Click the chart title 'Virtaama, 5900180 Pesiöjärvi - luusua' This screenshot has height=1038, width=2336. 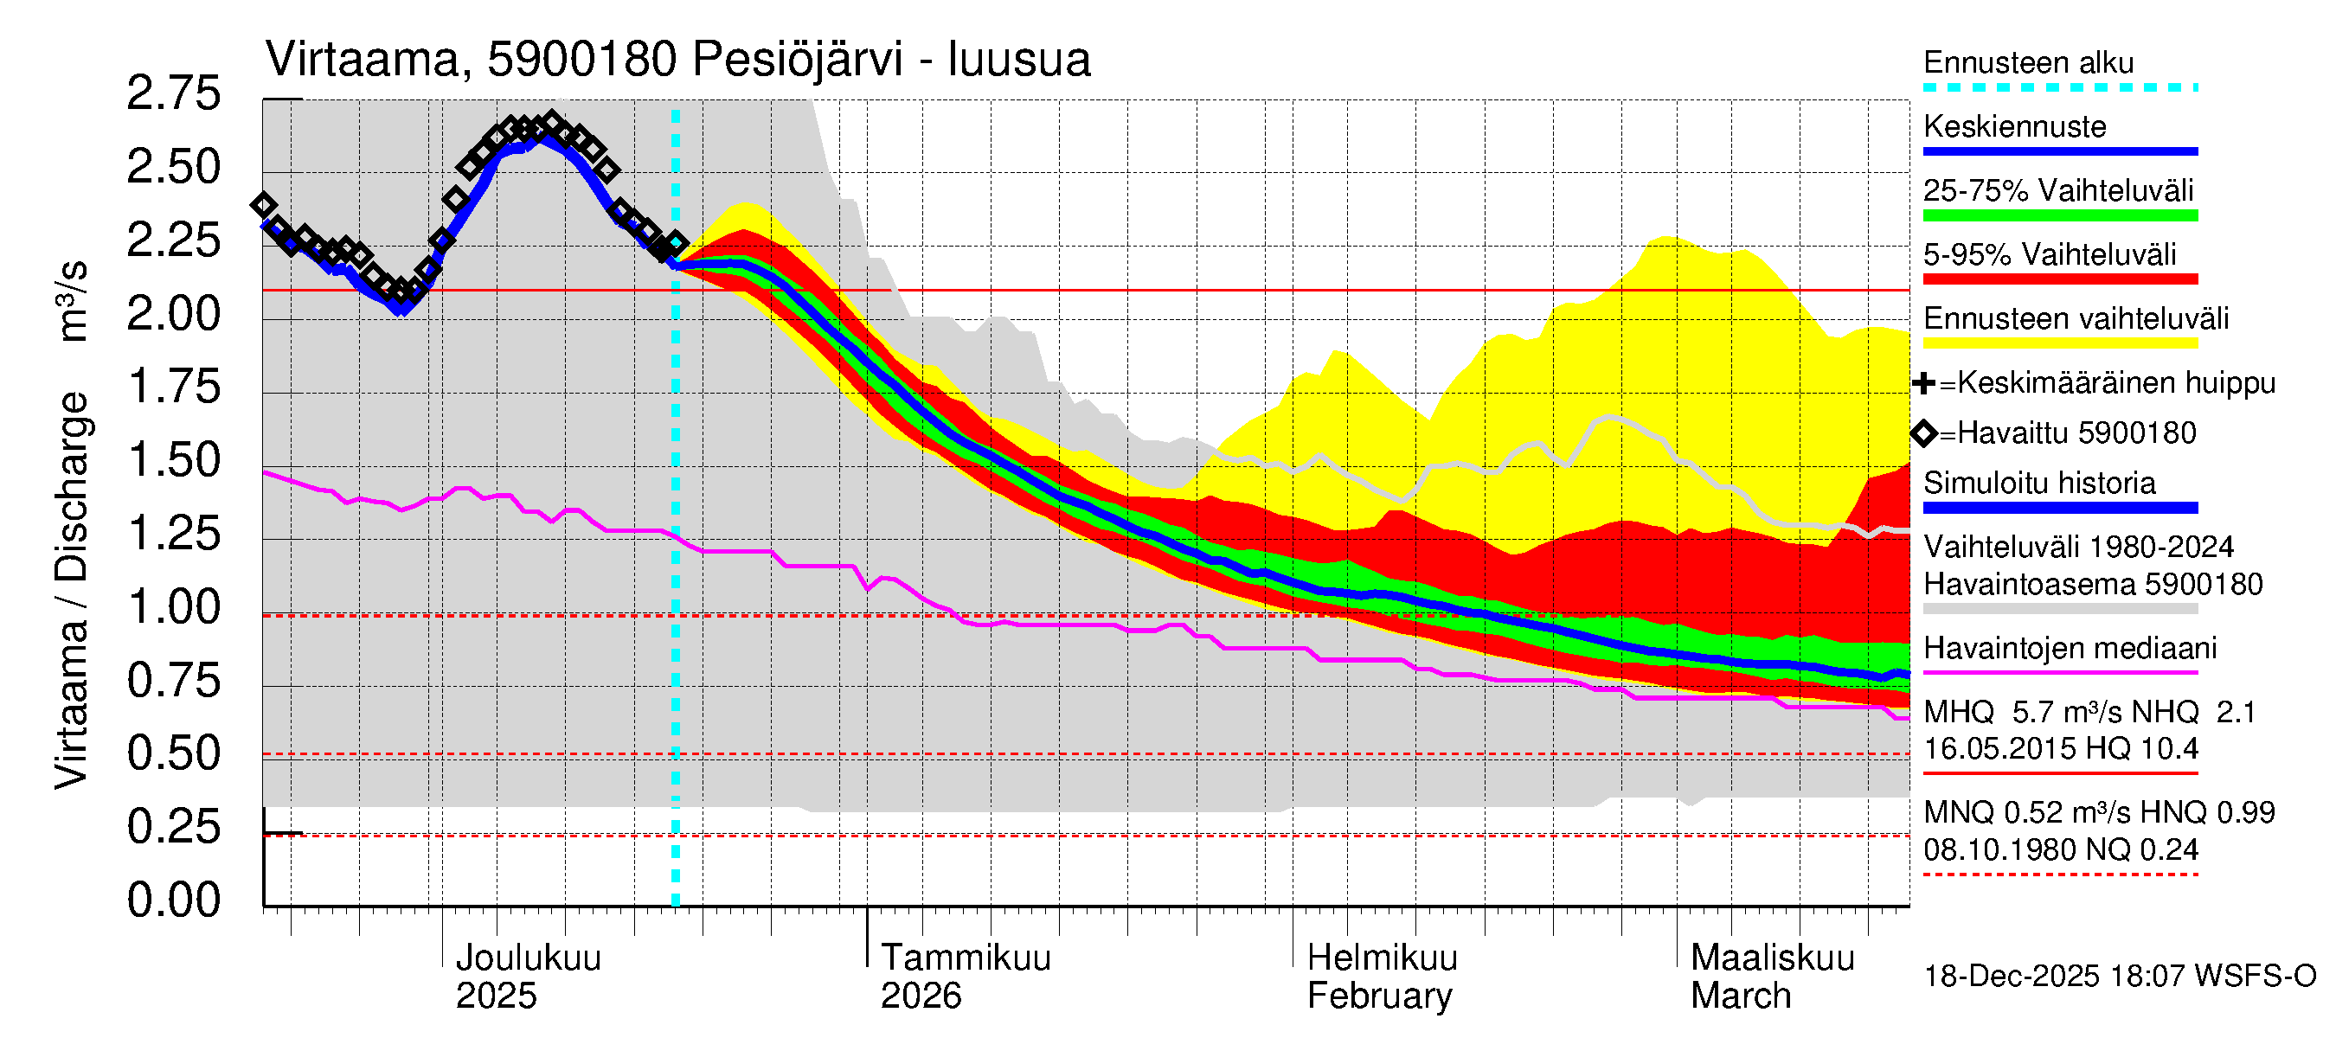(677, 60)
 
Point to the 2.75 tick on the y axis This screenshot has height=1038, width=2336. (174, 93)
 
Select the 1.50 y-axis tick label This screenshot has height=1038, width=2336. (174, 460)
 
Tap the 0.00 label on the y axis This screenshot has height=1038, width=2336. (174, 900)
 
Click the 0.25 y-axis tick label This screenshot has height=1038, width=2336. (174, 827)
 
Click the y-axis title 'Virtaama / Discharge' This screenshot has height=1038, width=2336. (72, 589)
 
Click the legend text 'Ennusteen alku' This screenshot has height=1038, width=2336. (2028, 62)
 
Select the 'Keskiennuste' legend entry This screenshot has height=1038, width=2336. (2014, 127)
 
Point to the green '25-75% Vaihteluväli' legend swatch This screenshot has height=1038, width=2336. (2059, 215)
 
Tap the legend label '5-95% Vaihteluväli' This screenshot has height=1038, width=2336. (2049, 254)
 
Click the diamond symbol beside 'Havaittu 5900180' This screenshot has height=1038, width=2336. (1924, 433)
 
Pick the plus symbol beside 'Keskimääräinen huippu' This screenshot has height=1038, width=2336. (1923, 383)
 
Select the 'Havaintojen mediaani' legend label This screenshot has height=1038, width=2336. (2070, 648)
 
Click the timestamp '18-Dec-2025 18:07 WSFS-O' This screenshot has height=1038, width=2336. (2119, 977)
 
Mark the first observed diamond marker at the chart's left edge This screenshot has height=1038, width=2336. (264, 205)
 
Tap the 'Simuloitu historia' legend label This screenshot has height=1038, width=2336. (2038, 484)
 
